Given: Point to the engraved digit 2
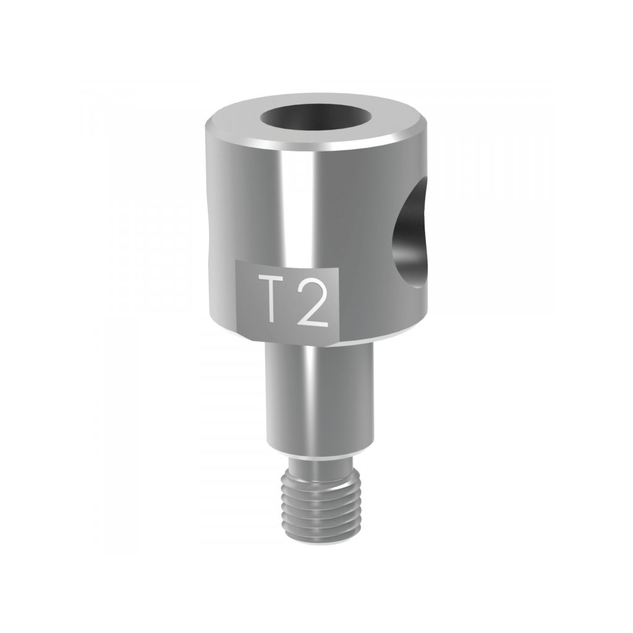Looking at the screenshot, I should (312, 301).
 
